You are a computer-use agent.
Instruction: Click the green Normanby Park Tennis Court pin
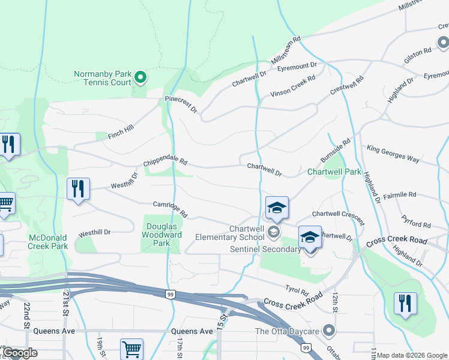click(140, 77)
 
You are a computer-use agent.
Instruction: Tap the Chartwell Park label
click(334, 172)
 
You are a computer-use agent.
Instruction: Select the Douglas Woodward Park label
click(162, 235)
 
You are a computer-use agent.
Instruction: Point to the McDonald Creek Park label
click(48, 242)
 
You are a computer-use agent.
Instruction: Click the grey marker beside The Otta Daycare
click(328, 331)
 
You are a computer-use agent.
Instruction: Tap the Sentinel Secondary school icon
click(309, 237)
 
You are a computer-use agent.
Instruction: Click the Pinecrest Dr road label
click(181, 104)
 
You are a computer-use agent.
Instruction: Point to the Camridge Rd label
click(170, 209)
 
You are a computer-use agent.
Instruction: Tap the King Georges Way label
click(393, 154)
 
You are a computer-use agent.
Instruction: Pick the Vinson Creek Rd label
click(292, 86)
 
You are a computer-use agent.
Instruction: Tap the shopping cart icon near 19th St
click(131, 349)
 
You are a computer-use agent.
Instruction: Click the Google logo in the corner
click(20, 353)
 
